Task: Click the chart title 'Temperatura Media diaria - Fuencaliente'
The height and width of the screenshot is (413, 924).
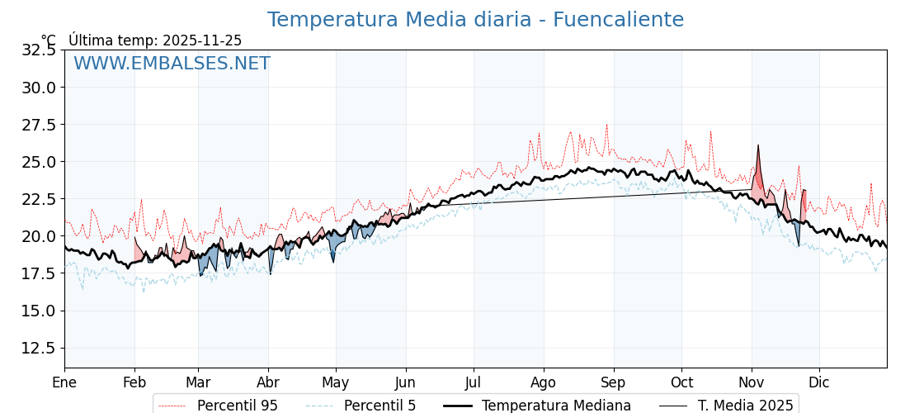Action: (x=475, y=20)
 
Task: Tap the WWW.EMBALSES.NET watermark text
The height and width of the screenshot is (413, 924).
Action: (x=172, y=64)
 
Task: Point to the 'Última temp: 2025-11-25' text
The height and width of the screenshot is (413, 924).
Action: (x=155, y=40)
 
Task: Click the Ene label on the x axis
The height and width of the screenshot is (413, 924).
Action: (x=64, y=382)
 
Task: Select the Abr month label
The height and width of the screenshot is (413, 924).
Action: (x=268, y=382)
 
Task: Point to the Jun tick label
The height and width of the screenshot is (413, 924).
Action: (x=406, y=382)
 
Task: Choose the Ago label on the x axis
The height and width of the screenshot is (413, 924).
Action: (x=544, y=382)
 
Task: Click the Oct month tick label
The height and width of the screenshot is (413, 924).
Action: (x=681, y=382)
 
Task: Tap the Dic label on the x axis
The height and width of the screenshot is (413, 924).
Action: (x=819, y=382)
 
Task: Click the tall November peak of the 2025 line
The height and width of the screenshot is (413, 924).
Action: (x=758, y=146)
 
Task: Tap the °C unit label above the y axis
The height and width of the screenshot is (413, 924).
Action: (x=49, y=40)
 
